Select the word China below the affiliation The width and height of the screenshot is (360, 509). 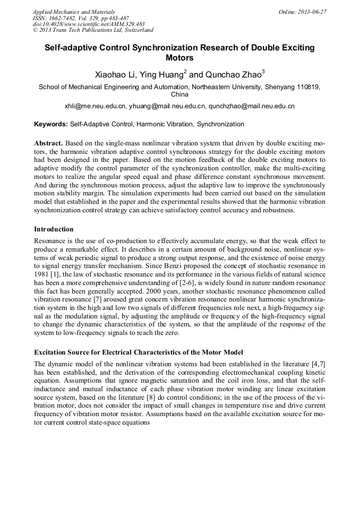tap(179, 94)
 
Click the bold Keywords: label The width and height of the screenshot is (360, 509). tap(51, 124)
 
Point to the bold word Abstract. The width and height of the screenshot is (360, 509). tap(48, 144)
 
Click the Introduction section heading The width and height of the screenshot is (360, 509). tap(54, 229)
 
